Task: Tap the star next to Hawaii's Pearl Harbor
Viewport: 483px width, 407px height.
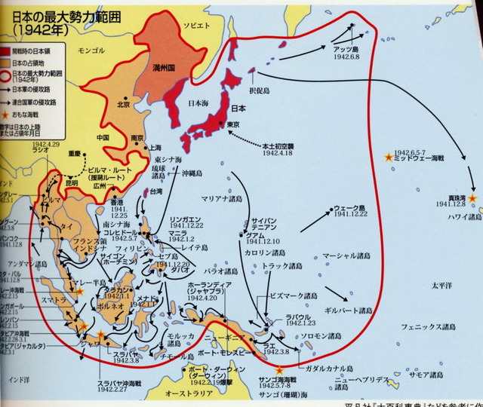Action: (472, 198)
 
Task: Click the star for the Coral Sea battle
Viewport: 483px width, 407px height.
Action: (279, 370)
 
